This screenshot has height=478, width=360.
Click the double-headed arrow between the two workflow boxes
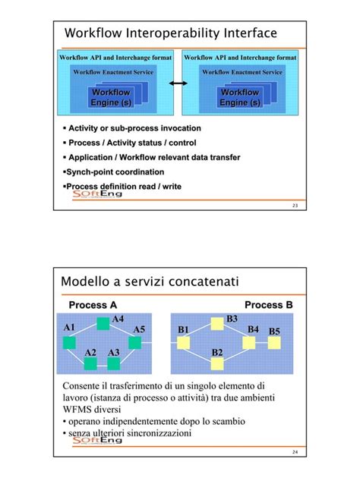179,84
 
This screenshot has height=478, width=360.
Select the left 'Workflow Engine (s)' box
111,97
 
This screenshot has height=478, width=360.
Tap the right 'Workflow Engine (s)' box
240,97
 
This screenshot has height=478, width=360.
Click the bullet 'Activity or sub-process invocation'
134,129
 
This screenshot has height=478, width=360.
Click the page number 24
295,452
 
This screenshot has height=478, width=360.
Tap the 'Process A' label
93,305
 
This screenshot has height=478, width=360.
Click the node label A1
70,327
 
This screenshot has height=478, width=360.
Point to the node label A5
139,329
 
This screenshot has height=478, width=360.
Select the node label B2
217,353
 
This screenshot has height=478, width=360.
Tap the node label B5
274,332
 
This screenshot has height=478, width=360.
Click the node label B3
232,319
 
